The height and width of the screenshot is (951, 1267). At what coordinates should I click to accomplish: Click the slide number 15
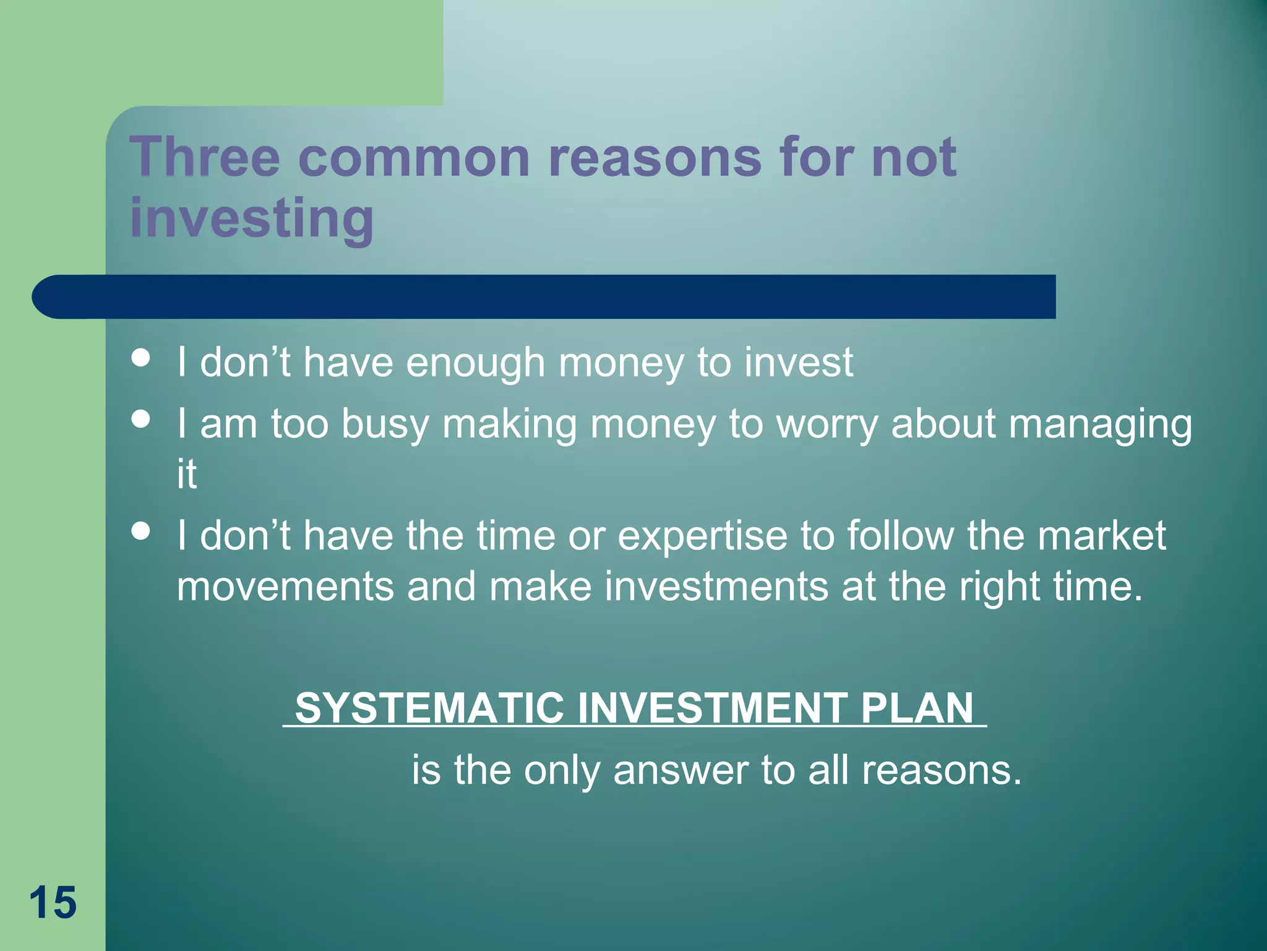53,903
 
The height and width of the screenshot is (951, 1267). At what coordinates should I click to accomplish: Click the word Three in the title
204,157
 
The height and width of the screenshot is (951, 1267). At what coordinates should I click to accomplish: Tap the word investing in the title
252,218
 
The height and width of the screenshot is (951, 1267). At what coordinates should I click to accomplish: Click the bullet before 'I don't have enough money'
141,358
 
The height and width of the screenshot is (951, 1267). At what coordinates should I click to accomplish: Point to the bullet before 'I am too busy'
141,419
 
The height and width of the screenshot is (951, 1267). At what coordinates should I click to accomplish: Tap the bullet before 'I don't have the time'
141,531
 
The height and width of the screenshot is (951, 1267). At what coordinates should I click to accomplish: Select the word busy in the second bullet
385,425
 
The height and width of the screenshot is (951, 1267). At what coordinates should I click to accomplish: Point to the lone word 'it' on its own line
187,474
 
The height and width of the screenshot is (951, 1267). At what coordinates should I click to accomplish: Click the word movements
285,586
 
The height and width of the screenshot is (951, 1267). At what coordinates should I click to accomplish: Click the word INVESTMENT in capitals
712,708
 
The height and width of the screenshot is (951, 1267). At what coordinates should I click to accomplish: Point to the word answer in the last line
681,771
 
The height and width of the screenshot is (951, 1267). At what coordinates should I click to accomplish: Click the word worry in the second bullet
827,425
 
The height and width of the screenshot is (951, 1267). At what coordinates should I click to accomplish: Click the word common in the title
414,157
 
